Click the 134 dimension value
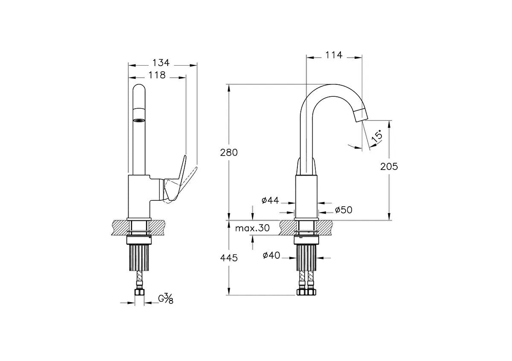click(161, 63)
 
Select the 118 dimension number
click(157, 75)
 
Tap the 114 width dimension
click(334, 55)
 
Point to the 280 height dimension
click(229, 153)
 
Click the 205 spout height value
click(389, 167)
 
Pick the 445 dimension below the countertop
click(229, 258)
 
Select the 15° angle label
click(377, 136)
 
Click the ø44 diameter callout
click(270, 200)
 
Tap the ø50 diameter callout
click(343, 210)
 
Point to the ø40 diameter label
click(271, 255)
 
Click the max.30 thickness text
click(252, 228)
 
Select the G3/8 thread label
click(166, 299)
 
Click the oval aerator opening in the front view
click(139, 120)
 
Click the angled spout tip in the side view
click(361, 115)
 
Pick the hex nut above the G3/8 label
click(139, 292)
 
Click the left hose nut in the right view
click(302, 292)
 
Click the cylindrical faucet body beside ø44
click(306, 196)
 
